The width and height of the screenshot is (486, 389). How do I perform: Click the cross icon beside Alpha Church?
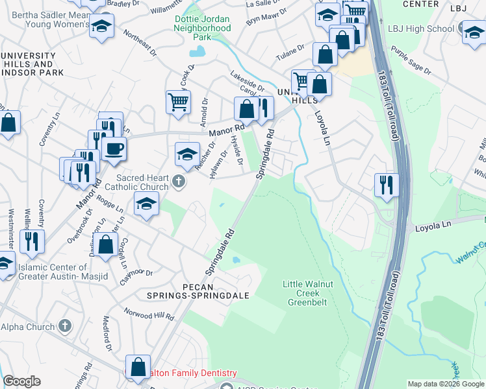[x=64, y=325]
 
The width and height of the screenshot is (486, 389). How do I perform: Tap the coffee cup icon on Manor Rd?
[x=114, y=148]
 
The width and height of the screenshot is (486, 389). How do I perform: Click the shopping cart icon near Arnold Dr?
[x=178, y=102]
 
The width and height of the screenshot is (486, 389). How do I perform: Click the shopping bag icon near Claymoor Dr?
[x=106, y=245]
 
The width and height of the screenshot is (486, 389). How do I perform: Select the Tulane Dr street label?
[x=290, y=49]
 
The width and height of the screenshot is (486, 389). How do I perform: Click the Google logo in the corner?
[x=21, y=381]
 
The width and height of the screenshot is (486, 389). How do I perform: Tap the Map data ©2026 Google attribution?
[x=446, y=384]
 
